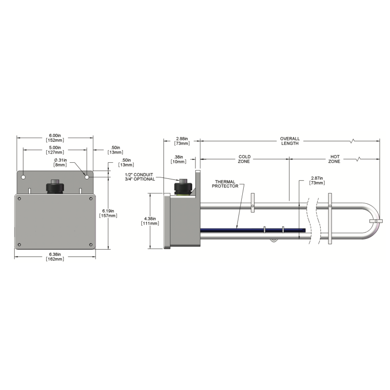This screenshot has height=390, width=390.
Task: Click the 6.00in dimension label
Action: coord(55,138)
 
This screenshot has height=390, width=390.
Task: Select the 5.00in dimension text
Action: coord(55,150)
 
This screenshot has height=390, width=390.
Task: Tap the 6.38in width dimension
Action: coord(55,257)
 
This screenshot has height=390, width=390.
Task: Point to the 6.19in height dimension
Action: coord(108,213)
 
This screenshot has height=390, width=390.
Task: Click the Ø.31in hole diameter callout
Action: coord(60,162)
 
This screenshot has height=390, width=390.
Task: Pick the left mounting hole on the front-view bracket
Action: coord(23,177)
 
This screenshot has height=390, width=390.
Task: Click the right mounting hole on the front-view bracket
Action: coord(87,177)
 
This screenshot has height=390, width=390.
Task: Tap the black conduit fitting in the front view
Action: coord(55,186)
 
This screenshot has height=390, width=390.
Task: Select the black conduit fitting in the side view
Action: coord(183,187)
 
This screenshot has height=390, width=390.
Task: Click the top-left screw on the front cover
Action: coord(19,198)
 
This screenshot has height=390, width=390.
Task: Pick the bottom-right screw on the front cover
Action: coord(91,245)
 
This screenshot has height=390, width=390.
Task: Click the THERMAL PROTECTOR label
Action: coord(225,184)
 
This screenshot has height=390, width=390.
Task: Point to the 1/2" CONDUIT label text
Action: coord(139,175)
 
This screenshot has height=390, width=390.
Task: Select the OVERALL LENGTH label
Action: coord(290,141)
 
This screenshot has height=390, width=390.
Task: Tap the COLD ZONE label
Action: coord(244,159)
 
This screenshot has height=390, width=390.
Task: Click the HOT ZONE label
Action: coord(334,159)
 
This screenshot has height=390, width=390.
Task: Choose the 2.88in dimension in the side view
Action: coord(182,141)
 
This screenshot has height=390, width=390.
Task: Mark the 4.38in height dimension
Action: coord(150,221)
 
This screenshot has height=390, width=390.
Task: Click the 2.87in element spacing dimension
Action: coord(317,180)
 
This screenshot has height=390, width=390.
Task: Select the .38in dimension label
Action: coord(178,159)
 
